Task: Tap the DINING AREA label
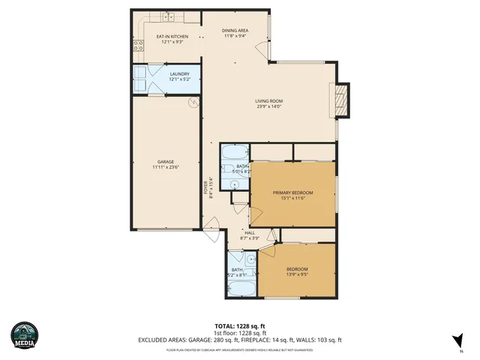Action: [x=235, y=30]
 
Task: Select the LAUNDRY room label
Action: [x=179, y=73]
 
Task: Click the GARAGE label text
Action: [x=166, y=161]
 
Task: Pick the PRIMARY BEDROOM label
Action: [x=292, y=193]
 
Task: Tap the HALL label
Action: [x=248, y=233]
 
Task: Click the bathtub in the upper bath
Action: [x=234, y=151]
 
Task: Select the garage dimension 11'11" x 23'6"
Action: [x=166, y=167]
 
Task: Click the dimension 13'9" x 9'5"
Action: [x=298, y=274]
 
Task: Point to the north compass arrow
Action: [x=457, y=340]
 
